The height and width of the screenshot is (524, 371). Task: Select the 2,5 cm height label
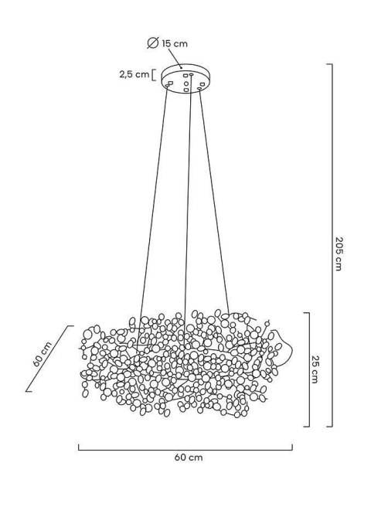pos(134,75)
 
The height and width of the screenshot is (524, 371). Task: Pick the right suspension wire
pos(214,201)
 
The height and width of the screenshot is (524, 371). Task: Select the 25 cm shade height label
pos(314,369)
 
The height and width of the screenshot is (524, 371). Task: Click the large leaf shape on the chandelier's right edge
pos(284,347)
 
